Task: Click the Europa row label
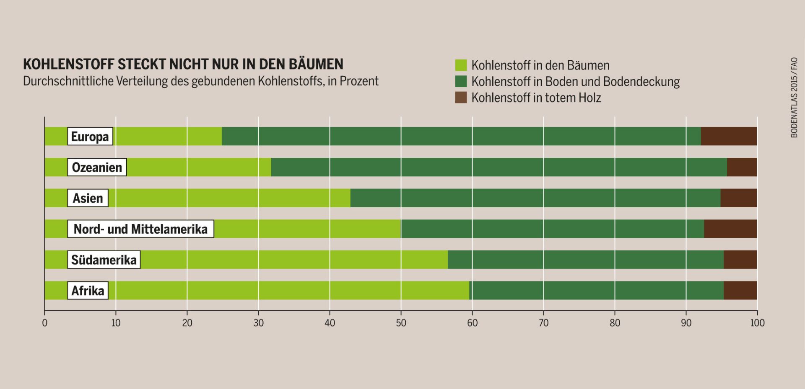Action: tap(90, 137)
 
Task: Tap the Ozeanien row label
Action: tap(97, 167)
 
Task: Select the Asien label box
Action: tap(88, 198)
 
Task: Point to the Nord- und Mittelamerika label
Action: tap(140, 229)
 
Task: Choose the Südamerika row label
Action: tap(104, 260)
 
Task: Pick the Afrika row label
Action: tap(88, 291)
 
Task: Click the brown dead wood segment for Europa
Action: tap(729, 137)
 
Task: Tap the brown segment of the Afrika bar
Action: tap(740, 291)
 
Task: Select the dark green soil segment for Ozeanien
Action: tap(499, 167)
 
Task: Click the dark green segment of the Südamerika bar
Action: tap(585, 260)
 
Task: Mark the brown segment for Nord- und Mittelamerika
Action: tap(730, 229)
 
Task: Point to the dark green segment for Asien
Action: tap(535, 198)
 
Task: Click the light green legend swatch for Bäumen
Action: tap(461, 65)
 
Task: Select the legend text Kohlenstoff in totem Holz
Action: tap(536, 98)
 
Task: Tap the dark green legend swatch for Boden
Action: tap(461, 81)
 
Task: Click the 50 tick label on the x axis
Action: tap(401, 323)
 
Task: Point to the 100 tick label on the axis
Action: tap(757, 323)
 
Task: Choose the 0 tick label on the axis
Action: tap(45, 323)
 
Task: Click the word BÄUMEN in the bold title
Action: tap(316, 64)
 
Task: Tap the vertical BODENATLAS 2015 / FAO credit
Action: tap(794, 98)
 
